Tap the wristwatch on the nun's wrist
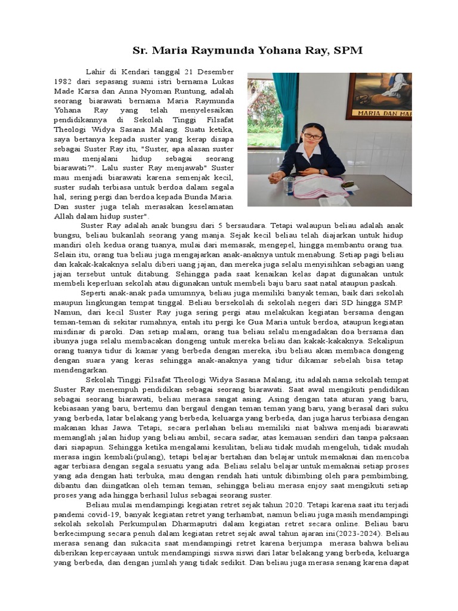323,171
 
